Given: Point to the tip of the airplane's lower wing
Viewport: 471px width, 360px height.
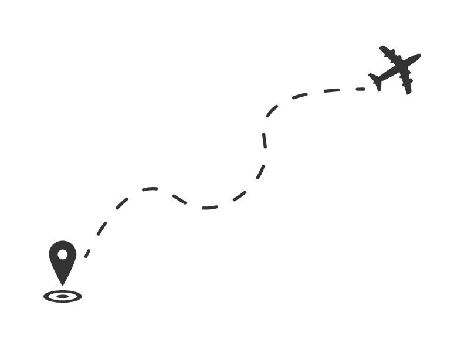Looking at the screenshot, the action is [x=408, y=92].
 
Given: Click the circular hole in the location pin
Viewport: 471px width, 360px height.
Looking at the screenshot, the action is [x=62, y=255].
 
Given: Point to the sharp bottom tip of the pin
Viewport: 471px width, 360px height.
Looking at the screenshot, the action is [x=62, y=286].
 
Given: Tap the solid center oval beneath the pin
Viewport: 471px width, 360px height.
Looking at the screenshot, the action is [x=62, y=296].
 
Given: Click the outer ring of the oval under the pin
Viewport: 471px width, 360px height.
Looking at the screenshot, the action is [x=46, y=296].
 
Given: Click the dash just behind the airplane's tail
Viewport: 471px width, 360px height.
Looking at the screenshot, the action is [x=358, y=89].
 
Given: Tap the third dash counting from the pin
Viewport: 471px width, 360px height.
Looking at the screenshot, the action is [x=121, y=203].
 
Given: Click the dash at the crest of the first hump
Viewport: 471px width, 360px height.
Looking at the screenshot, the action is [x=150, y=189].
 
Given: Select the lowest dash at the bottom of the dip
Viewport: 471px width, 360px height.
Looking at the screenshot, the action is [x=210, y=208].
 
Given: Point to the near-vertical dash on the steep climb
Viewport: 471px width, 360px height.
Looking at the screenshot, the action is [x=265, y=140].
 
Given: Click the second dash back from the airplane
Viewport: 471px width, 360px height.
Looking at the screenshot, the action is [x=331, y=90].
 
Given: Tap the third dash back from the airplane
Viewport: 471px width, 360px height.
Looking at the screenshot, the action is [x=300, y=96].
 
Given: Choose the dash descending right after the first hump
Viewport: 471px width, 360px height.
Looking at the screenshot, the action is [x=179, y=199].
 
